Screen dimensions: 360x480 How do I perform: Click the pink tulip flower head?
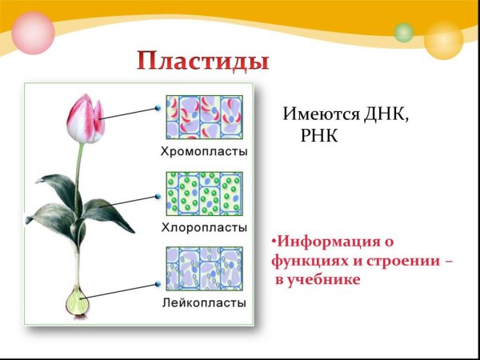85,118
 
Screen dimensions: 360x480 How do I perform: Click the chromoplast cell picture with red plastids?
204,117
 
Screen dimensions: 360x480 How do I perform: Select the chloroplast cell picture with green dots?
204,194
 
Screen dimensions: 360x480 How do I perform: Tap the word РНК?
320,136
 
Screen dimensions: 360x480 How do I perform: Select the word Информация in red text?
326,241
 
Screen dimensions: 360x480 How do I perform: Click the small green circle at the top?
404,33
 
